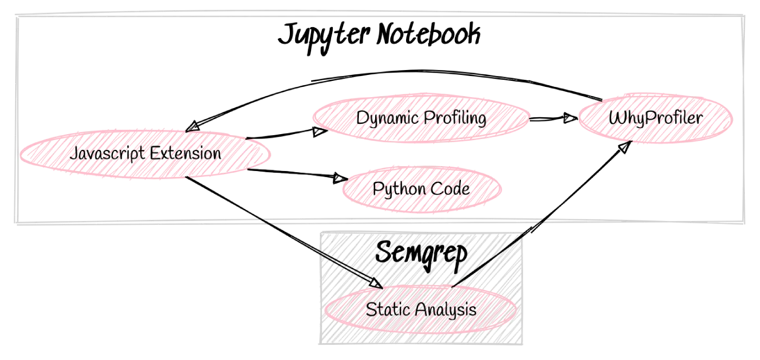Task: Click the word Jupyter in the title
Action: [324, 37]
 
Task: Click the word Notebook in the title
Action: [429, 34]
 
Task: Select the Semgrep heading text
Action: [421, 255]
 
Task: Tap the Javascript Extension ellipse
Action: [145, 154]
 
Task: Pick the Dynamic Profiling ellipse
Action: [421, 118]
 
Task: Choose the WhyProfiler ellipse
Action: [656, 118]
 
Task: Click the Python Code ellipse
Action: [422, 189]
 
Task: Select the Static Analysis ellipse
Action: [421, 310]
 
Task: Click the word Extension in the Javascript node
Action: [186, 153]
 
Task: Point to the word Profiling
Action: [455, 118]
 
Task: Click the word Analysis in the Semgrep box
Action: [446, 310]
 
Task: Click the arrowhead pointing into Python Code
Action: [341, 178]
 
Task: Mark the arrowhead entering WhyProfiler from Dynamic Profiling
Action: [571, 118]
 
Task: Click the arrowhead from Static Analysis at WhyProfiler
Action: [625, 147]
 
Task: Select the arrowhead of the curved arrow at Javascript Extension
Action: [193, 127]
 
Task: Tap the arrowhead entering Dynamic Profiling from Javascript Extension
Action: [320, 131]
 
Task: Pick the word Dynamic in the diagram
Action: [388, 118]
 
